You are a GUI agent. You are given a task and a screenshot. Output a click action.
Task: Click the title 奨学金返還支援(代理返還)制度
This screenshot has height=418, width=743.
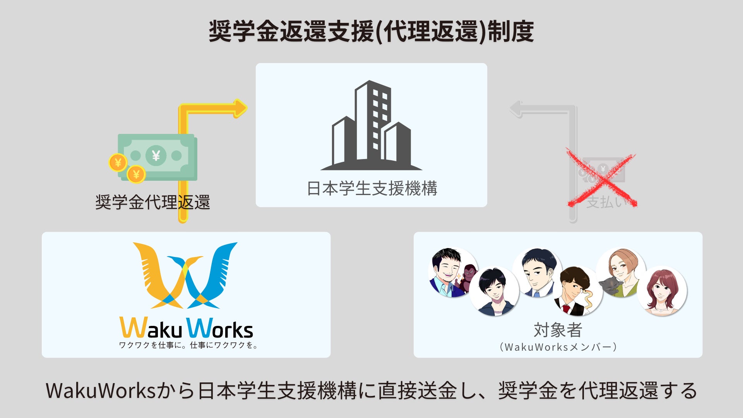(371, 31)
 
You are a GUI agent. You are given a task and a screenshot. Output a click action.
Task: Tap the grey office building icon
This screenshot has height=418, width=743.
(371, 126)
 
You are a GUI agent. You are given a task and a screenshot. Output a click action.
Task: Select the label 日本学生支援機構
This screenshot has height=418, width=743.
(371, 189)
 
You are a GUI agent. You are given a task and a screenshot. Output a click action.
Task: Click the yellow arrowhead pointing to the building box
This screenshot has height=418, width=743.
(240, 108)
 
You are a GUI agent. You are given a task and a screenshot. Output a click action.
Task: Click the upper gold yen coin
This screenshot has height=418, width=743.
(118, 163)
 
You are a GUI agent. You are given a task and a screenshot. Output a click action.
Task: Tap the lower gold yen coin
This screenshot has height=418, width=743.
(136, 174)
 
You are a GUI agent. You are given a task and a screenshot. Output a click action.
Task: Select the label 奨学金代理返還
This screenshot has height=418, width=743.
(152, 202)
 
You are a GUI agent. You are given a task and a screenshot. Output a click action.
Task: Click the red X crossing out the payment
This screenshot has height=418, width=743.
(601, 178)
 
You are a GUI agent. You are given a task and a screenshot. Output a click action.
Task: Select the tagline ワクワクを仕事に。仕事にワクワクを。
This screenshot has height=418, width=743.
(188, 345)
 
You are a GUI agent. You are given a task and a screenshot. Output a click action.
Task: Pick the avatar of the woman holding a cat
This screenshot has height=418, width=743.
(620, 273)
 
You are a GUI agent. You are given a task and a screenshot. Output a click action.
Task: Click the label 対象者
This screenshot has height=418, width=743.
(558, 330)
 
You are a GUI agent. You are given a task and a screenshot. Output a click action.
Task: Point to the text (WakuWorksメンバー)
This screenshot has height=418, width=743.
(558, 347)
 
